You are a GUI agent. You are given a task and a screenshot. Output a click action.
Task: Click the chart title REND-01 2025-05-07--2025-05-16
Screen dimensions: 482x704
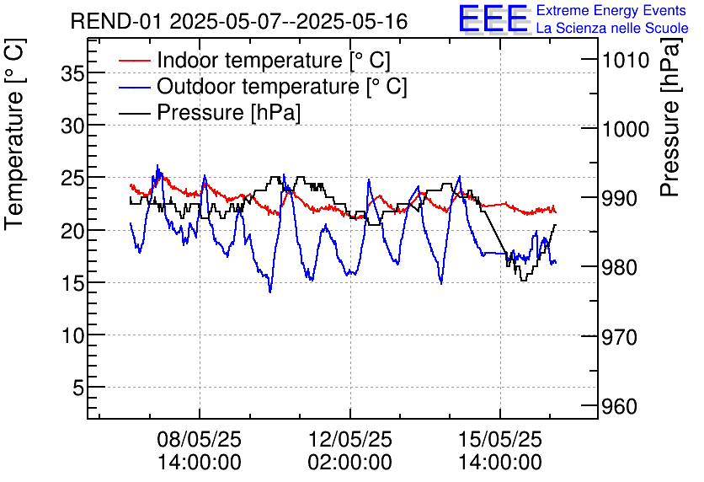[239, 21]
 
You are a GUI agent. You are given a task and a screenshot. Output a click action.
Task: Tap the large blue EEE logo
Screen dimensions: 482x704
[493, 19]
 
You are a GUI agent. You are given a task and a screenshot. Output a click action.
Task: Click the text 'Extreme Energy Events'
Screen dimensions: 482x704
[611, 10]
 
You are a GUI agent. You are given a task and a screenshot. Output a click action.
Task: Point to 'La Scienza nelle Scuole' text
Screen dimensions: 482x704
[611, 28]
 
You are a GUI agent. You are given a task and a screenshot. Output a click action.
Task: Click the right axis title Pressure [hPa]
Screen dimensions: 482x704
[670, 126]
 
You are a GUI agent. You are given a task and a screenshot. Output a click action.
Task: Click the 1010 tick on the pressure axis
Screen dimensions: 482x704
[624, 60]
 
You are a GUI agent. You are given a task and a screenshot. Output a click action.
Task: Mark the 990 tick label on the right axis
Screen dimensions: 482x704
[619, 198]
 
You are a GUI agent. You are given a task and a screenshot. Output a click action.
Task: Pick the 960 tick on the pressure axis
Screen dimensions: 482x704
[619, 407]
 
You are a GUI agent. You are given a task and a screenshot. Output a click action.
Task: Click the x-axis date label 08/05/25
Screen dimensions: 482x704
[200, 440]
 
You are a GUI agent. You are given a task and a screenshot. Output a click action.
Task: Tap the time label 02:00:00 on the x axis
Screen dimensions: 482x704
[349, 463]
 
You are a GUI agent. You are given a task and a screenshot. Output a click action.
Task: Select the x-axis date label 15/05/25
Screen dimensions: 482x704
[500, 440]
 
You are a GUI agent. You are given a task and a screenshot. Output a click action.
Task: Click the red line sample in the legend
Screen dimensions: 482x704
[134, 61]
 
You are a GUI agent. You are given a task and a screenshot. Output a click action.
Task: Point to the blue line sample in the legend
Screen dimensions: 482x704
[134, 87]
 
